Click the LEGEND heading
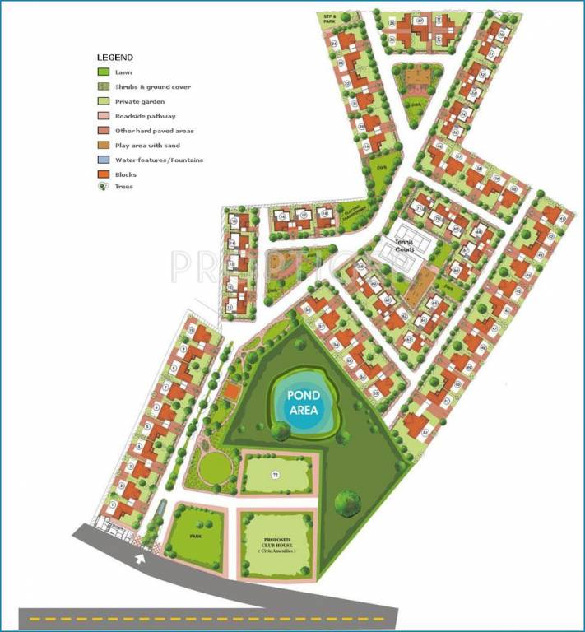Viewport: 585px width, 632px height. (x=115, y=58)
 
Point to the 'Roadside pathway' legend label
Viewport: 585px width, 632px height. (x=144, y=116)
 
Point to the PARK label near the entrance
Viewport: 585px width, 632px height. (x=196, y=535)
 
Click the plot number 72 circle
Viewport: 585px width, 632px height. (x=276, y=475)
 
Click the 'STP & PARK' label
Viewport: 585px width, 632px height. (x=331, y=17)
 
